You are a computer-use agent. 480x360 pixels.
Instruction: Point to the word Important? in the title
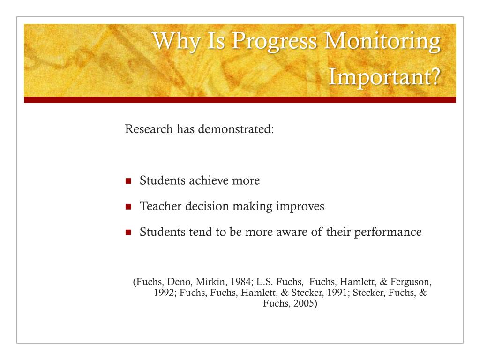384,76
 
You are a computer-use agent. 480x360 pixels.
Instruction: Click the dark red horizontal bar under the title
240,100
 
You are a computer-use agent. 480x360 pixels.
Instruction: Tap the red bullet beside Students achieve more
129,181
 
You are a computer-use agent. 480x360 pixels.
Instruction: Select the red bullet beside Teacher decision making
129,207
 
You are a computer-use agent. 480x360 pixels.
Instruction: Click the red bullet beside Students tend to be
129,232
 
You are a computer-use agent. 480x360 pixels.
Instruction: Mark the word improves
300,206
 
